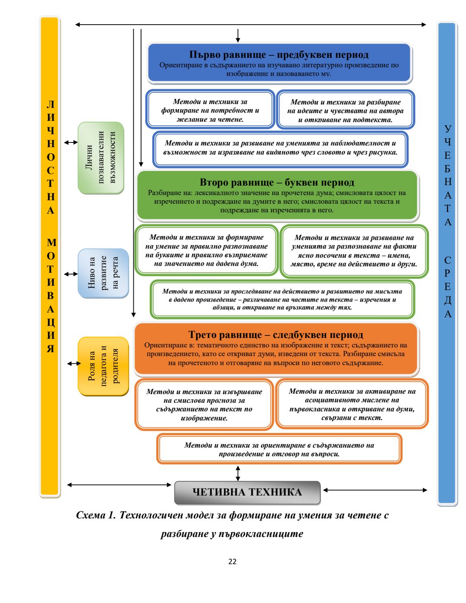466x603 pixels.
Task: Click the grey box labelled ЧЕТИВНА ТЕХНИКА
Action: pyautogui.click(x=247, y=492)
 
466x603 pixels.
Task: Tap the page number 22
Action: pyautogui.click(x=233, y=562)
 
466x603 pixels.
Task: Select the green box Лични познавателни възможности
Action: pyautogui.click(x=101, y=158)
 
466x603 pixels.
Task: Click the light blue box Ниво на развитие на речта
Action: pyautogui.click(x=103, y=273)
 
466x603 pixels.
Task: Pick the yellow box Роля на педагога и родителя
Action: pyautogui.click(x=103, y=366)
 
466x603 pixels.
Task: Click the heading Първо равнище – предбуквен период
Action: pyautogui.click(x=279, y=55)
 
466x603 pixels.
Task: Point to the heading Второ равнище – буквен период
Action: pyautogui.click(x=277, y=183)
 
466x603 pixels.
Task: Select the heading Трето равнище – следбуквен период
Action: pyautogui.click(x=276, y=335)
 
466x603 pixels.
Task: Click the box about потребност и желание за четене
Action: pyautogui.click(x=210, y=110)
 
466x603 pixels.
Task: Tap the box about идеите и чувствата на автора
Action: pyautogui.click(x=345, y=111)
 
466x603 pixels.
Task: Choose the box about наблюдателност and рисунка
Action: pyautogui.click(x=280, y=148)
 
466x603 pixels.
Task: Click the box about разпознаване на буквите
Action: pyautogui.click(x=206, y=250)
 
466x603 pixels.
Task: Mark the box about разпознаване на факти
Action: pyautogui.click(x=354, y=251)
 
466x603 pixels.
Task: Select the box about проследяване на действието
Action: pyautogui.click(x=282, y=299)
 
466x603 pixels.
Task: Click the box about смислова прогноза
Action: pyautogui.click(x=204, y=405)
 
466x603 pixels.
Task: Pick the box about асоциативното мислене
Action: pyautogui.click(x=352, y=404)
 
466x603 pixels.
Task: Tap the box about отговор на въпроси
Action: pyautogui.click(x=279, y=449)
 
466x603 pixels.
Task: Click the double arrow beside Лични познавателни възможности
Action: pyautogui.click(x=71, y=142)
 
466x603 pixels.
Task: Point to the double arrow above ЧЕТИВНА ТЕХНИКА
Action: pyautogui.click(x=238, y=473)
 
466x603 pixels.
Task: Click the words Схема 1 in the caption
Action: pyautogui.click(x=96, y=515)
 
